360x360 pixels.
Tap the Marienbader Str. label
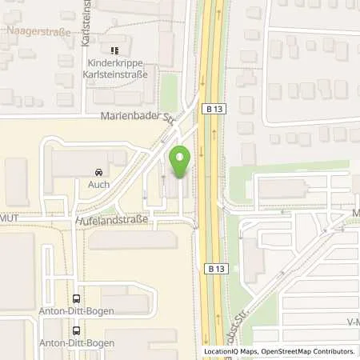click(x=137, y=115)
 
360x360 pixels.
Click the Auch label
click(x=98, y=183)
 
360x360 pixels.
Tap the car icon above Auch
click(x=98, y=171)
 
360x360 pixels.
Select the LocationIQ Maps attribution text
click(x=234, y=351)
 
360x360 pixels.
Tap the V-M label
click(x=352, y=322)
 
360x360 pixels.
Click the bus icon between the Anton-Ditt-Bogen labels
click(x=76, y=330)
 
